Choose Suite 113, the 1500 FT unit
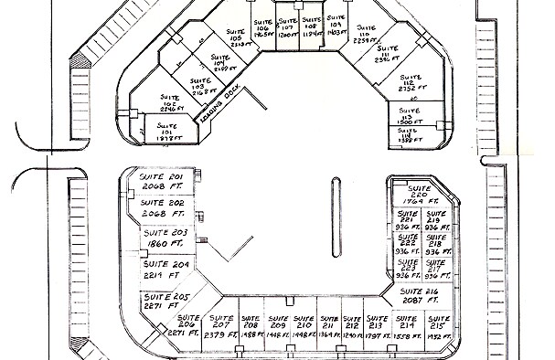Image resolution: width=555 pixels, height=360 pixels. tap(409, 115)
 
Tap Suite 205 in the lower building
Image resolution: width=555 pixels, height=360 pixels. tap(165, 301)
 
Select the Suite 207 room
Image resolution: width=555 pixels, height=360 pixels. tap(220, 329)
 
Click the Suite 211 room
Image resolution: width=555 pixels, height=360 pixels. tap(328, 329)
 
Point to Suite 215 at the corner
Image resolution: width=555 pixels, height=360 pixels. tap(435, 329)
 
